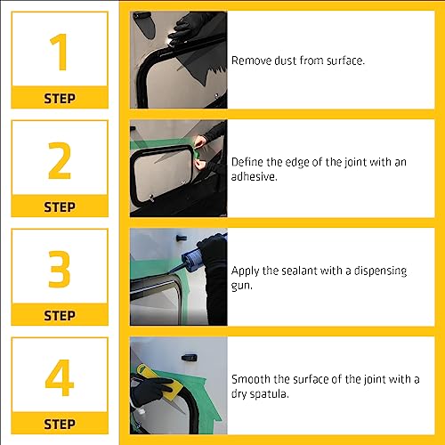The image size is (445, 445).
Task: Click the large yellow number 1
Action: pyautogui.click(x=60, y=52)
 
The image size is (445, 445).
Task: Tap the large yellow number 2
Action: pyautogui.click(x=60, y=160)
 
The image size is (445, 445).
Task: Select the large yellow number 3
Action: pyautogui.click(x=60, y=269)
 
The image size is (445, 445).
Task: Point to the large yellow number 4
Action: pyautogui.click(x=60, y=377)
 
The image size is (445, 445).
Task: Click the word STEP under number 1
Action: pyautogui.click(x=60, y=99)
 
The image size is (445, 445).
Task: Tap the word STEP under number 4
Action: pyautogui.click(x=60, y=424)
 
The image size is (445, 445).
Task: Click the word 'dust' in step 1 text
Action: pyautogui.click(x=285, y=61)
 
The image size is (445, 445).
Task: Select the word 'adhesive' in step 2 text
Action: pyautogui.click(x=253, y=176)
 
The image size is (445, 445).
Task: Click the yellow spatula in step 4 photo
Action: pyautogui.click(x=159, y=382)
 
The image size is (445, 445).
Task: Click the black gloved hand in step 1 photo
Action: pyautogui.click(x=184, y=28)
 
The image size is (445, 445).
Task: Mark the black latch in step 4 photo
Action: pyautogui.click(x=189, y=358)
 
